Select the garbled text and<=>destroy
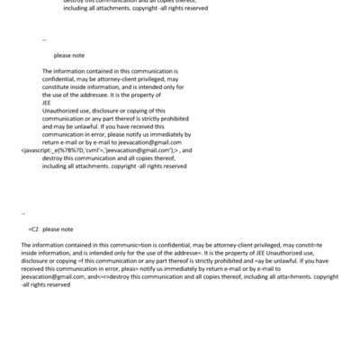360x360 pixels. point(119,277)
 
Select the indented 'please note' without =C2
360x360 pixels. point(69,55)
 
